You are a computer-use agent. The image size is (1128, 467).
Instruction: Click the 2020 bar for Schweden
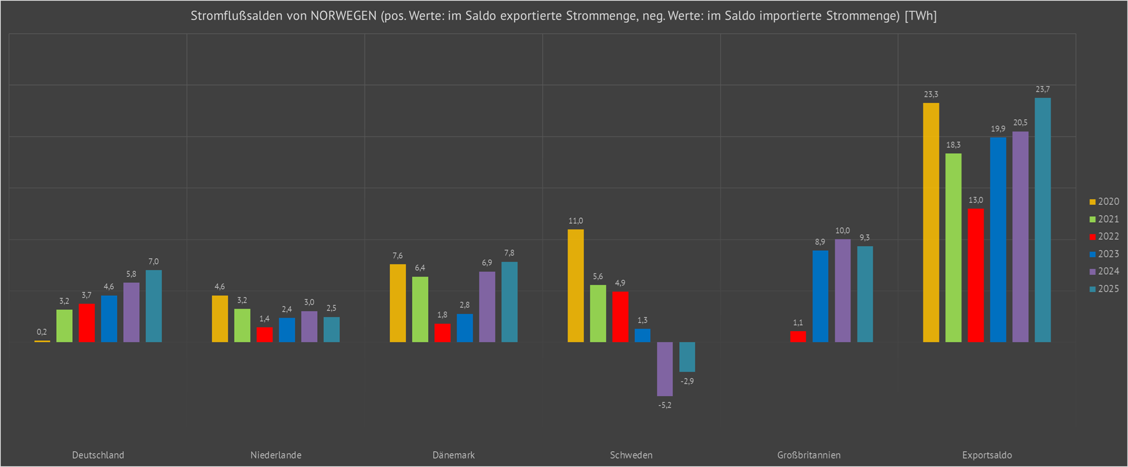pyautogui.click(x=576, y=285)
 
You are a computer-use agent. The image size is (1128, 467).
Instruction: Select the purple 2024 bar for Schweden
pyautogui.click(x=664, y=368)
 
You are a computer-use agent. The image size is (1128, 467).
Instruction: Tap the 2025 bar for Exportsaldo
pyautogui.click(x=1042, y=220)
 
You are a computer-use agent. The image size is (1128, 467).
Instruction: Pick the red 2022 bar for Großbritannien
pyautogui.click(x=798, y=337)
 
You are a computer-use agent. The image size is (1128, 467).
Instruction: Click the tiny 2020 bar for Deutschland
pyautogui.click(x=42, y=341)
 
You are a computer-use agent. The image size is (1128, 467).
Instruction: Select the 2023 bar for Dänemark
pyautogui.click(x=465, y=328)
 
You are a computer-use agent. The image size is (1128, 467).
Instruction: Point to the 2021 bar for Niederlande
pyautogui.click(x=242, y=325)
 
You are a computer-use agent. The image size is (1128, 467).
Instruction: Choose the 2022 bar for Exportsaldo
pyautogui.click(x=976, y=275)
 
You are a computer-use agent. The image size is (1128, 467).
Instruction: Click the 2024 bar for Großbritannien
pyautogui.click(x=843, y=290)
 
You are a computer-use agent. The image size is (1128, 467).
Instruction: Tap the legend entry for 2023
pyautogui.click(x=1104, y=254)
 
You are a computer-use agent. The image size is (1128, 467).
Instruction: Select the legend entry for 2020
pyautogui.click(x=1104, y=201)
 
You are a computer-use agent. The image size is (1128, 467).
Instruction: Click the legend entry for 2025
pyautogui.click(x=1104, y=289)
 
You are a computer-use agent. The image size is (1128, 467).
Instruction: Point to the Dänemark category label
pyautogui.click(x=453, y=455)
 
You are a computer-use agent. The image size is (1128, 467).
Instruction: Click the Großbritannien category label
pyautogui.click(x=808, y=455)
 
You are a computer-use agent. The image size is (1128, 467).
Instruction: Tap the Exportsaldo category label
pyautogui.click(x=987, y=455)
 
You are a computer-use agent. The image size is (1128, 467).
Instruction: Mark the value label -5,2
pyautogui.click(x=664, y=405)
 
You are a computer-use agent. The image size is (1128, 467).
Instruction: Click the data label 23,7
pyautogui.click(x=1042, y=89)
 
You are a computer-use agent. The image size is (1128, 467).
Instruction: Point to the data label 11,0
pyautogui.click(x=576, y=221)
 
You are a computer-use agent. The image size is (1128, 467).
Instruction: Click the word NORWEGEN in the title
pyautogui.click(x=343, y=16)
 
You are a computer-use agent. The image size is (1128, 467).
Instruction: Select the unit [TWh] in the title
pyautogui.click(x=920, y=16)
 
